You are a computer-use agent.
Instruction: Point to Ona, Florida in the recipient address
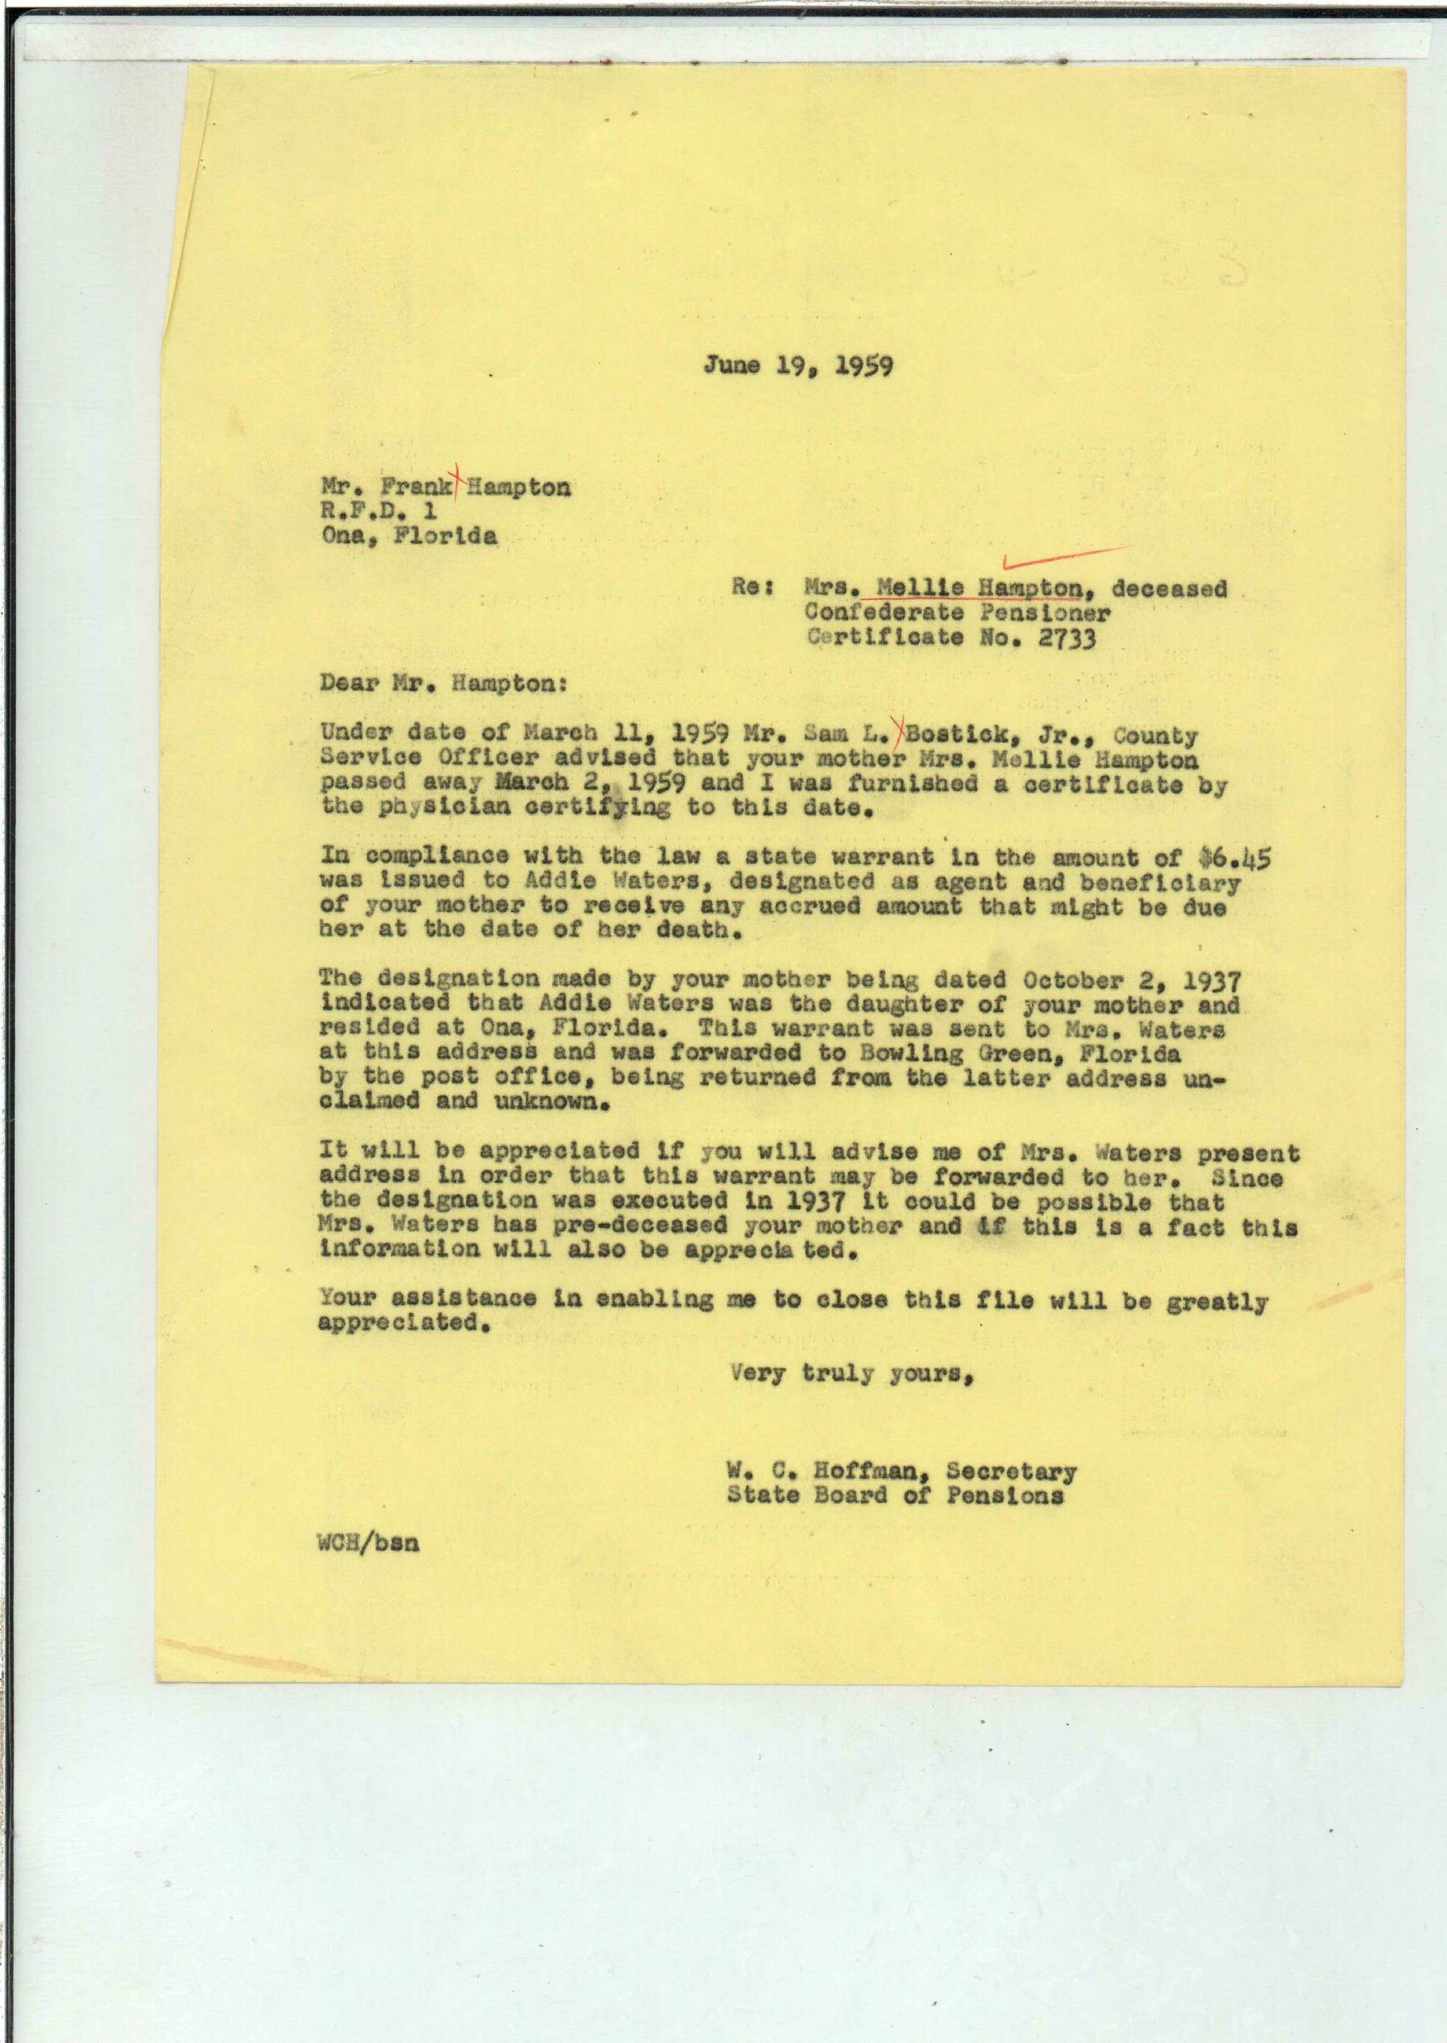click(408, 537)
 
